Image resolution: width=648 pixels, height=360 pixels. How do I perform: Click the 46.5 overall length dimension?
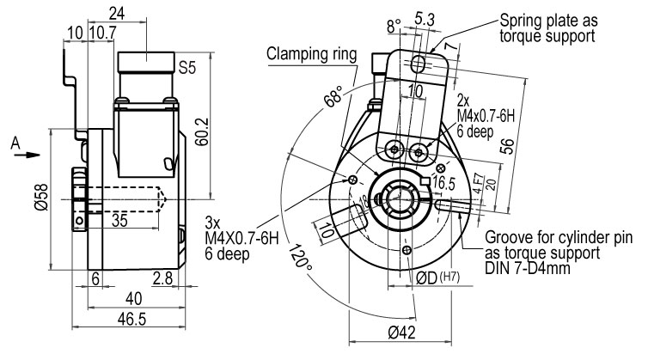[131, 319]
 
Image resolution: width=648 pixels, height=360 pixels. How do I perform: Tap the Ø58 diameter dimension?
[42, 197]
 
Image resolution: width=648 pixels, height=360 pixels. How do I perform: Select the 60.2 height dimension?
[202, 131]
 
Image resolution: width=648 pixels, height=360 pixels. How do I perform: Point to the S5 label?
[187, 67]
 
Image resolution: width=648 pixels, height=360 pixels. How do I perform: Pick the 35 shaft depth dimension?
[119, 221]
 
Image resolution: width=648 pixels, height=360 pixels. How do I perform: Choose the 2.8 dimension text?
[162, 278]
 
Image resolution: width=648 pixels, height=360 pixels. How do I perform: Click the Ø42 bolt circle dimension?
[401, 332]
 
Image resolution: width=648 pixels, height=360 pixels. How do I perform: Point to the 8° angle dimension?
[394, 26]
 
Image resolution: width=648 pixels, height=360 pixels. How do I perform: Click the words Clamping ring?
[311, 54]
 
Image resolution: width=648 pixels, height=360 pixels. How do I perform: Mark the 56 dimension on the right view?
[508, 146]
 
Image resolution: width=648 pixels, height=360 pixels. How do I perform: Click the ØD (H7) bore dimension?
[437, 278]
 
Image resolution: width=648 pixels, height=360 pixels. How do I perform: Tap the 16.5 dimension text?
[443, 183]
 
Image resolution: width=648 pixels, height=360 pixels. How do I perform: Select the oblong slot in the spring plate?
[419, 64]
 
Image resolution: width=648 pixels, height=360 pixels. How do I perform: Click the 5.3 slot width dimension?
[425, 20]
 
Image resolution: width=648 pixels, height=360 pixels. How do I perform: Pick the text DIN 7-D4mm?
[528, 268]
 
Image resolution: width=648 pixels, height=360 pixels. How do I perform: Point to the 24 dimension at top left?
[117, 13]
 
